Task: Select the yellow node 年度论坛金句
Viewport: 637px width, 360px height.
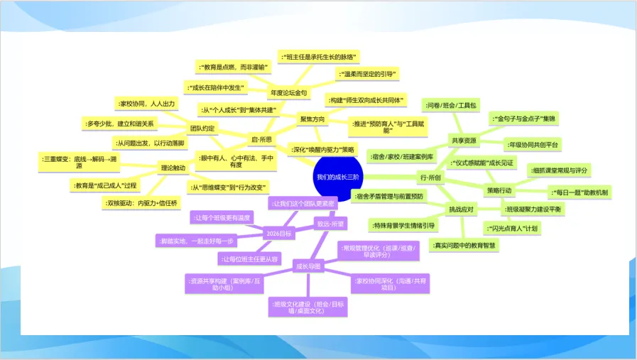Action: coord(288,93)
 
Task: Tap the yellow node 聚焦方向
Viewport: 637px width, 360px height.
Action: coord(312,119)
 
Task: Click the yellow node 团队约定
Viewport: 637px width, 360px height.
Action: coord(202,129)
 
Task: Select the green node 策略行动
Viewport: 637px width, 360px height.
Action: coord(499,190)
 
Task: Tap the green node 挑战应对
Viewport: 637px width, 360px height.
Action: coord(461,209)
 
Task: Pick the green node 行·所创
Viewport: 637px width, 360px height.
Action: coord(430,177)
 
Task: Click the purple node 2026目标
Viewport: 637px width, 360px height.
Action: coord(278,233)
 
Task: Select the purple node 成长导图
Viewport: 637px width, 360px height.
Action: coord(307,266)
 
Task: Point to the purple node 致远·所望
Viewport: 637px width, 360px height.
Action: coord(330,224)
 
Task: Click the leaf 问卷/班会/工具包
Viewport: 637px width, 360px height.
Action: coord(450,105)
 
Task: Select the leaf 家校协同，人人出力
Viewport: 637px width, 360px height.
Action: coord(146,104)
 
